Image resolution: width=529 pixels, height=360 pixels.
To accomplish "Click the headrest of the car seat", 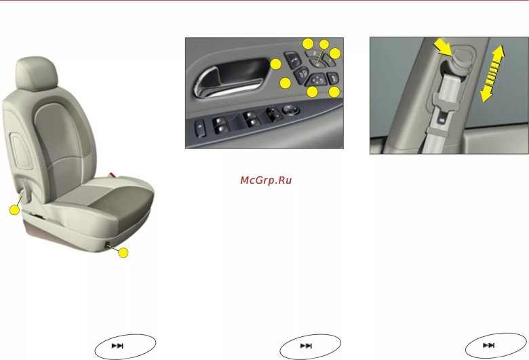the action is pyautogui.click(x=37, y=74).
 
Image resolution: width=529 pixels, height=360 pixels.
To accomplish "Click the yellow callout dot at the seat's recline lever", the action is pyautogui.click(x=14, y=210).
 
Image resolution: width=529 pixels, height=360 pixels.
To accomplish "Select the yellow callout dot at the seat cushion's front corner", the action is pyautogui.click(x=123, y=253).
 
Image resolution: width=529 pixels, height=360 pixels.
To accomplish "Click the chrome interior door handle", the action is pyautogui.click(x=227, y=83).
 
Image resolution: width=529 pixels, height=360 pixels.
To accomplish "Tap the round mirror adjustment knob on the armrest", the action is pyautogui.click(x=290, y=110).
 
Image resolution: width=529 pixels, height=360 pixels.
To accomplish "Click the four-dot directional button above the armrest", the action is pyautogui.click(x=317, y=80).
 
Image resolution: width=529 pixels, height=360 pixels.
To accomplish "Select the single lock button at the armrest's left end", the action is pyautogui.click(x=200, y=128).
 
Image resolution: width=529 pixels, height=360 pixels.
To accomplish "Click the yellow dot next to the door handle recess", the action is pyautogui.click(x=275, y=64).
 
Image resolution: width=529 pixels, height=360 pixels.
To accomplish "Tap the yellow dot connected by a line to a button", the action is pyautogui.click(x=324, y=44).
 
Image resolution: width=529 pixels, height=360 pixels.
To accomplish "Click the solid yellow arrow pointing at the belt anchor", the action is pyautogui.click(x=443, y=47).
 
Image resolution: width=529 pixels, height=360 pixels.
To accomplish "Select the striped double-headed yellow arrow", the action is pyautogui.click(x=492, y=73).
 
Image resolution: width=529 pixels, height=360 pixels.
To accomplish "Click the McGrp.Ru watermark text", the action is pyautogui.click(x=266, y=180).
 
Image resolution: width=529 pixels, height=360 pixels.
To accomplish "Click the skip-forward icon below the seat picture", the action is pyautogui.click(x=117, y=346).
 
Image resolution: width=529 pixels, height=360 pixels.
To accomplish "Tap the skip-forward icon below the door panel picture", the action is pyautogui.click(x=306, y=346).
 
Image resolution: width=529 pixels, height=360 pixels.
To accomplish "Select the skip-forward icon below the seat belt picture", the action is pyautogui.click(x=488, y=345).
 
